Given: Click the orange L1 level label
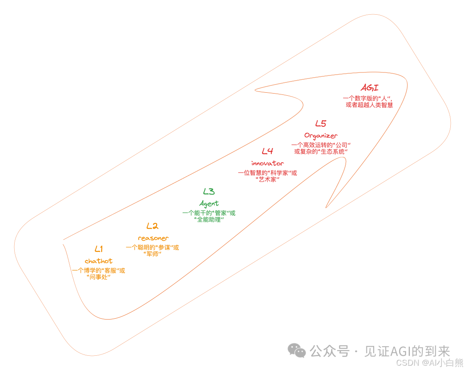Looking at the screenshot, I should [x=99, y=249].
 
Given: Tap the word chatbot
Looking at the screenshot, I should [x=99, y=261].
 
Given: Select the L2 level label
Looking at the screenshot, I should [x=152, y=226].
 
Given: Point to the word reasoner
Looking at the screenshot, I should [x=153, y=238].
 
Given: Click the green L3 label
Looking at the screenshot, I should [x=209, y=191].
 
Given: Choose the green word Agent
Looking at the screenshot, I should [x=209, y=203].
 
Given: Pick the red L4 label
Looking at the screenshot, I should [x=267, y=151].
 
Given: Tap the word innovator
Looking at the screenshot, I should [x=267, y=163].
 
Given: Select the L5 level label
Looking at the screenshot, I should [x=321, y=124].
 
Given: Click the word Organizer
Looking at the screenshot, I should [x=321, y=136].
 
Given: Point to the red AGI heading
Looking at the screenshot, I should [x=369, y=88].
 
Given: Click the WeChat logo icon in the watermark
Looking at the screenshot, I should [x=297, y=350].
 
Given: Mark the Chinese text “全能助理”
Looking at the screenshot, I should [x=209, y=219].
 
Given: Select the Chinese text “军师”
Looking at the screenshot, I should [x=152, y=254].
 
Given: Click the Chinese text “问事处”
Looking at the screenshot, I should [x=99, y=277].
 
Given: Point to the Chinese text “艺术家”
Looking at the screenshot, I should [x=267, y=179].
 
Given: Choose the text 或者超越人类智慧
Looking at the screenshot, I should [x=369, y=105].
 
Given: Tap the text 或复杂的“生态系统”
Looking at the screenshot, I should [x=321, y=152].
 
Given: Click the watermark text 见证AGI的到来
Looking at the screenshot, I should [x=407, y=351].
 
